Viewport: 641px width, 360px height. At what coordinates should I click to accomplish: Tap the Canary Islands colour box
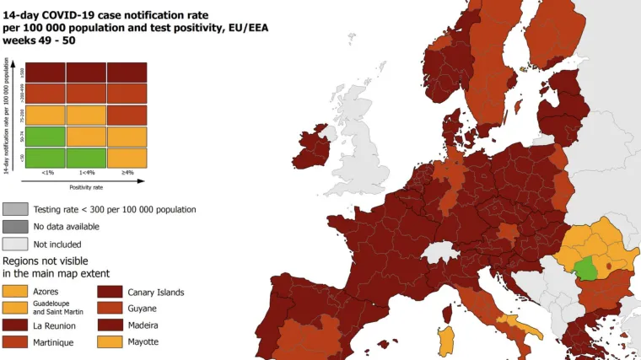110,292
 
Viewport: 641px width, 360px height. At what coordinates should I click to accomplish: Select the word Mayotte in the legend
143,341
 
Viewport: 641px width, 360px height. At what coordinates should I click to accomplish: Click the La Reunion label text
55,325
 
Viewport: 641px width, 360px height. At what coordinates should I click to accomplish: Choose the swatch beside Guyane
110,309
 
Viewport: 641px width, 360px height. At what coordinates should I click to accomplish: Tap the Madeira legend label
144,325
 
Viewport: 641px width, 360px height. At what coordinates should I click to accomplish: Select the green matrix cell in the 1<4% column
86,157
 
